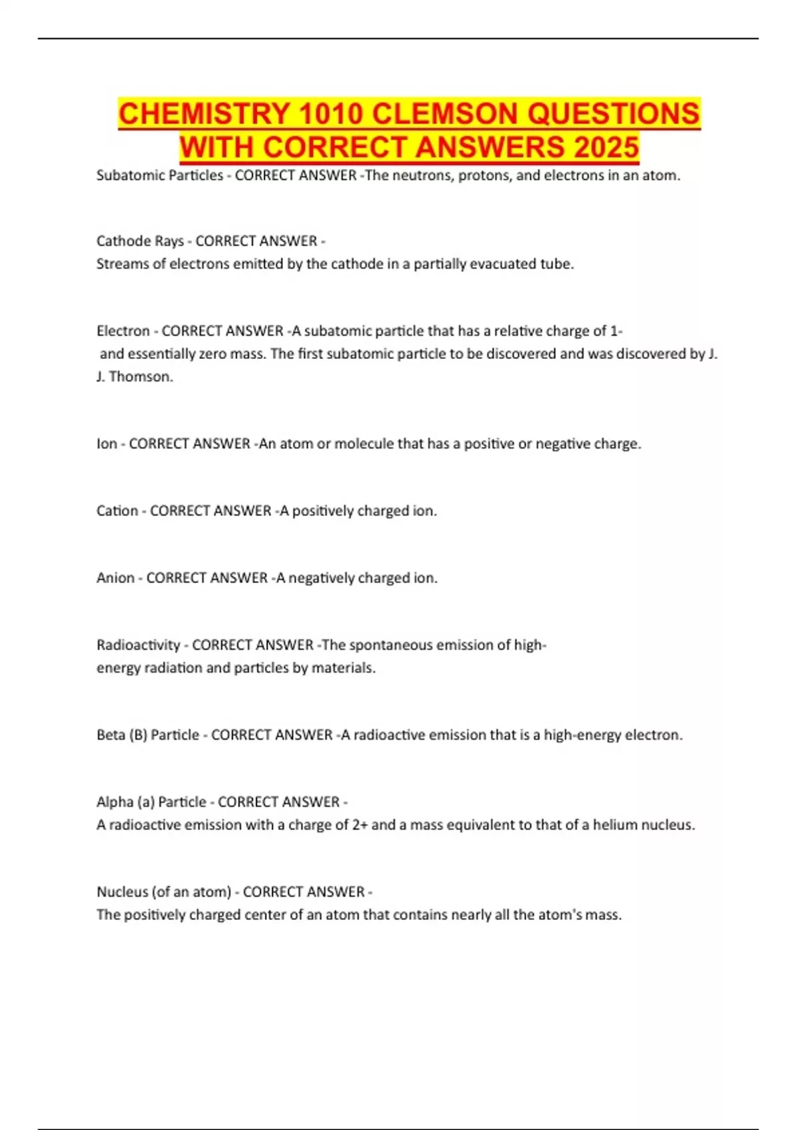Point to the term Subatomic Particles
159,175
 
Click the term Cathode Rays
139,241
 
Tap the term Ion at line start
106,443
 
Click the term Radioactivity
138,645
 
